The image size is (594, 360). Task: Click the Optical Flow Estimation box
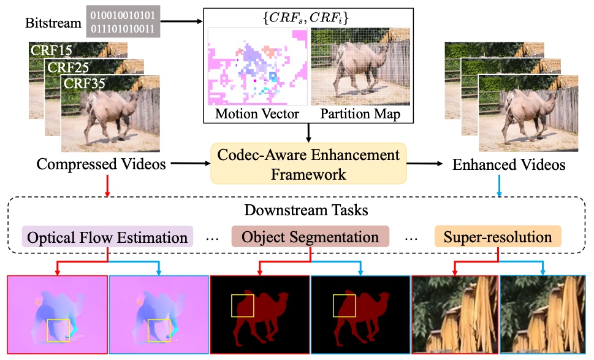(x=107, y=237)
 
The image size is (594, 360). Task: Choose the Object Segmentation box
(x=310, y=237)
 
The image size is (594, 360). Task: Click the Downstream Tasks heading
(x=297, y=210)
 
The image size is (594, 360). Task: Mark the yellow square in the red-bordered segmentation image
(x=242, y=305)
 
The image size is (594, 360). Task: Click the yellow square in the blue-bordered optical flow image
(x=159, y=330)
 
